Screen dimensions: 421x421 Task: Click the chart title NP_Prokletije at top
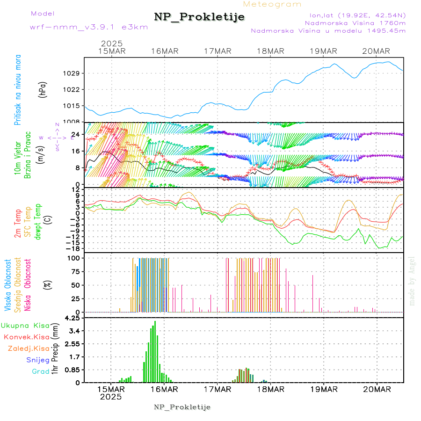coord(199,17)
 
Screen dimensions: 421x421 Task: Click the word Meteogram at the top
coord(272,4)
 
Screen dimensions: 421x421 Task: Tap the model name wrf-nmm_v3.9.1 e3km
coord(88,27)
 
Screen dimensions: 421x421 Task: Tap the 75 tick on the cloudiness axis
coord(76,271)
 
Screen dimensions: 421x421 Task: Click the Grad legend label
coord(41,372)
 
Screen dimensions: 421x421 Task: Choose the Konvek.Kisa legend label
coord(26,337)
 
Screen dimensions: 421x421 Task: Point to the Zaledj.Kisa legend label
coord(29,348)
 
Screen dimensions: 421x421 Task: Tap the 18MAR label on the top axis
coord(271,51)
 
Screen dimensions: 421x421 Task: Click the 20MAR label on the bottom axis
coord(377,389)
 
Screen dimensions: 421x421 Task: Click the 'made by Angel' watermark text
coord(412,281)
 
